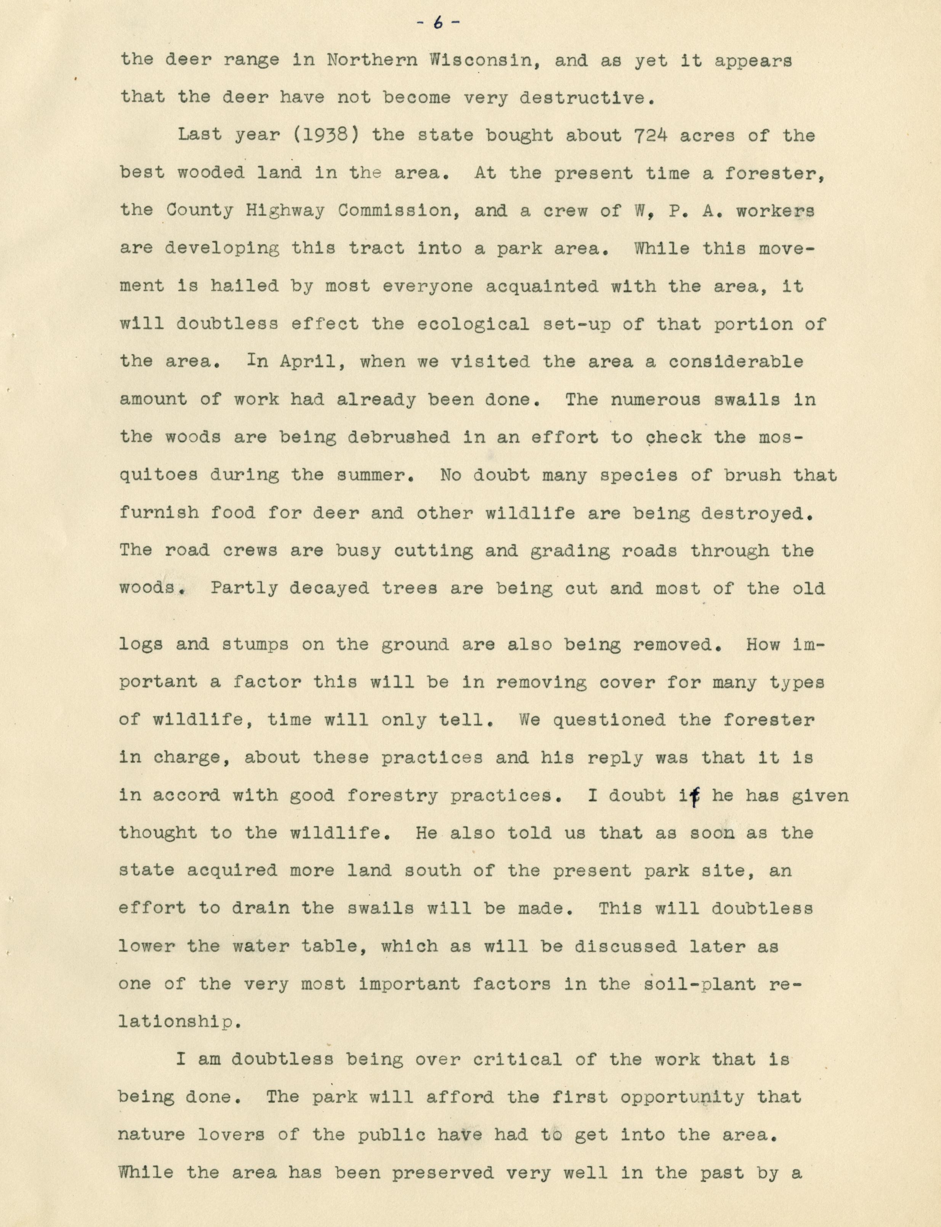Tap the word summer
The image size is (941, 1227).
[382, 475]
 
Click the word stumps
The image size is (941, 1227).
[255, 644]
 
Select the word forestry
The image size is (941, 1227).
[393, 795]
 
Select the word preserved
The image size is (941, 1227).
[442, 1172]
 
